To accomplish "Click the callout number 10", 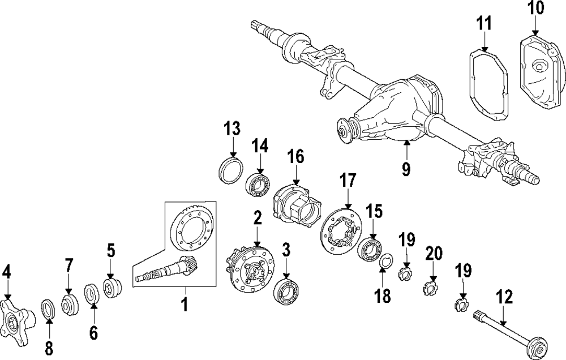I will tap(535, 9).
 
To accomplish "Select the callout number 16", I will tap(296, 156).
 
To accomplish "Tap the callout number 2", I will tap(258, 218).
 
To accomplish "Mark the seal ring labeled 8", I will tap(49, 310).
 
